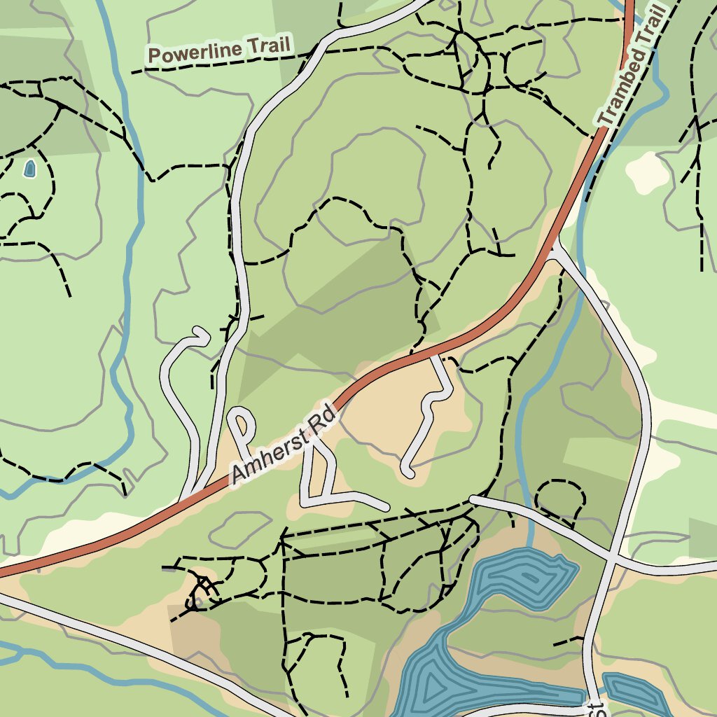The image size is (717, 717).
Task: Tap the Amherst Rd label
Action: coord(285,448)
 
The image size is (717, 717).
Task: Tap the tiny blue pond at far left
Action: coord(29,168)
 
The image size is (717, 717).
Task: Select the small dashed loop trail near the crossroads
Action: coord(560,499)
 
